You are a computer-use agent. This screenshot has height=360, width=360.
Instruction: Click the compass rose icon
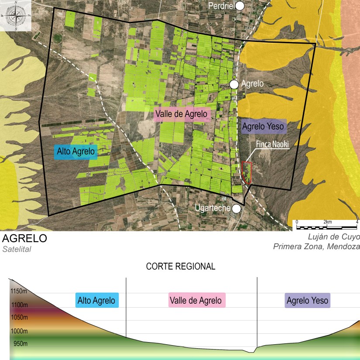(x=16, y=16)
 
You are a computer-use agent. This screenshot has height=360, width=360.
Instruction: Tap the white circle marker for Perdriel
(x=240, y=6)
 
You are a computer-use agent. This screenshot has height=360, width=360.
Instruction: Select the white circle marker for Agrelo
(x=234, y=84)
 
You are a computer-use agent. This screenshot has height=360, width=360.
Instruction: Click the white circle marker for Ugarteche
(x=237, y=208)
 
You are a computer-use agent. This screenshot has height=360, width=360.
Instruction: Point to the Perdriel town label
(x=221, y=6)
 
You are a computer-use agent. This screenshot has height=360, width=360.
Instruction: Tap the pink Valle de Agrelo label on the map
(x=182, y=115)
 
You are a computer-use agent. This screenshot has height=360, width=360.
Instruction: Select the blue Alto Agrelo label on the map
(x=76, y=152)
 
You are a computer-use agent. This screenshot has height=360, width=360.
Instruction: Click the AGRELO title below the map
(x=24, y=239)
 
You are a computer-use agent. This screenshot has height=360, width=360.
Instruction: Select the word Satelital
(x=17, y=250)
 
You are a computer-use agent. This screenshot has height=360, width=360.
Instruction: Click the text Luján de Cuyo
(x=334, y=237)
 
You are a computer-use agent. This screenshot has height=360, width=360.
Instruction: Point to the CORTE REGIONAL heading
(x=180, y=267)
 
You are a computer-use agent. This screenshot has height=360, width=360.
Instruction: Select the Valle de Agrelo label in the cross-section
(x=197, y=300)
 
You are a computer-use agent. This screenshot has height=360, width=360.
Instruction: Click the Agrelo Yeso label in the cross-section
(x=307, y=301)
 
